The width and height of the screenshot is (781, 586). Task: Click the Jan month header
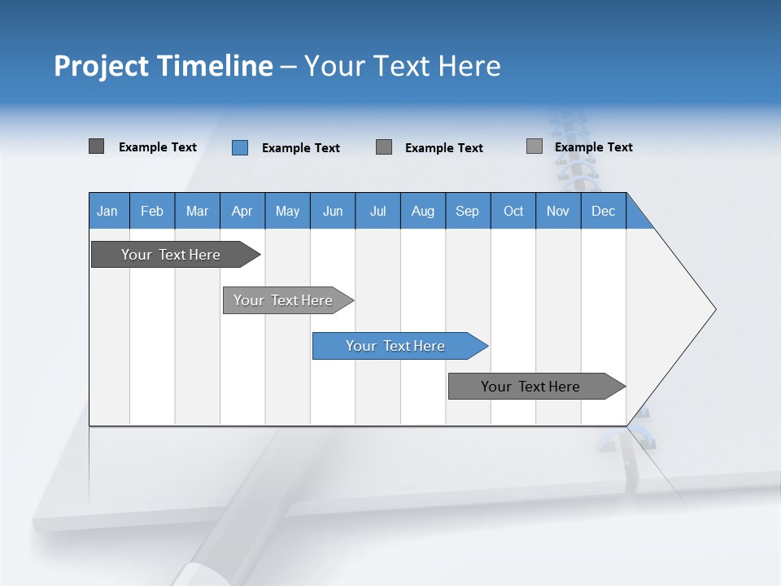(x=107, y=211)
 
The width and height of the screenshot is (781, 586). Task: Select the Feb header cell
(x=152, y=211)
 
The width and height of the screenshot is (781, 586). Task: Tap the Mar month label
(x=197, y=211)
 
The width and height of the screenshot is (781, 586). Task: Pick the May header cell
(x=287, y=211)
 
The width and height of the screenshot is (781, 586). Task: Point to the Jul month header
(x=377, y=211)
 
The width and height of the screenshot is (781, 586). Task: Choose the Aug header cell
(x=422, y=211)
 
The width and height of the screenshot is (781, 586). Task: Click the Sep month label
(x=467, y=211)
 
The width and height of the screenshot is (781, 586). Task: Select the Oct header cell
(x=513, y=211)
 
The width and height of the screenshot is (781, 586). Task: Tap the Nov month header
(x=558, y=211)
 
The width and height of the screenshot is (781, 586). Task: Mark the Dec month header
(x=603, y=211)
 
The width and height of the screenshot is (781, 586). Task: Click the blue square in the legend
(x=240, y=147)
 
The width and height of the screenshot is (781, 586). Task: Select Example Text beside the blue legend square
(x=301, y=148)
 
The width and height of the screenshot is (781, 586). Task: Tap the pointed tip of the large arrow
(x=713, y=309)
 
